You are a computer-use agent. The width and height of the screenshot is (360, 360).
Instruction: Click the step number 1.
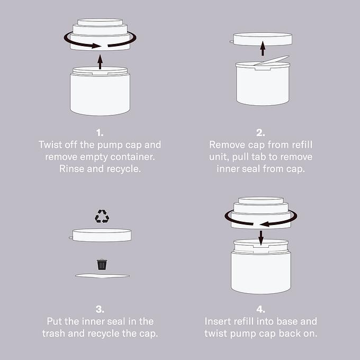coord(100,133)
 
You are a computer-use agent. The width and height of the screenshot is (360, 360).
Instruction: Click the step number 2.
coord(260,133)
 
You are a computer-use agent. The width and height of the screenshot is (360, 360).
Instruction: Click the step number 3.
coord(100,309)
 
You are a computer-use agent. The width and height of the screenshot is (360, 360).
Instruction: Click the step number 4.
coord(260,309)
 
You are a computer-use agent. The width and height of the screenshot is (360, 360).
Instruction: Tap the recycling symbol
coord(102,216)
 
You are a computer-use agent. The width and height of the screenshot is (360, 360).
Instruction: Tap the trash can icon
coord(102,265)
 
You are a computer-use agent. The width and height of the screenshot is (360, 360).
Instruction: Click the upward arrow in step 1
coord(100,62)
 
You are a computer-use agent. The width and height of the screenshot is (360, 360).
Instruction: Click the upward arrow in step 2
coord(263,48)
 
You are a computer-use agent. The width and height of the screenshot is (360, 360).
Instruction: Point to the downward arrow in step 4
coord(261,238)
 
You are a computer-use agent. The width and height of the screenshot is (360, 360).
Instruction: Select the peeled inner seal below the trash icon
coord(102,276)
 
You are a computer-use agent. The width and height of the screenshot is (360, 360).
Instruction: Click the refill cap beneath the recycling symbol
coord(101,235)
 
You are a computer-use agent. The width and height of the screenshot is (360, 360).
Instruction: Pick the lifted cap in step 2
coord(262,39)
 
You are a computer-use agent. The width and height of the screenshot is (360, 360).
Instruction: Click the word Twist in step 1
coord(50,145)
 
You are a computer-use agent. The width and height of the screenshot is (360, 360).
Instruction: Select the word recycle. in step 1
coord(124,169)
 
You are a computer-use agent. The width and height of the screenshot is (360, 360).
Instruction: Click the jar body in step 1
coord(100,94)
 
